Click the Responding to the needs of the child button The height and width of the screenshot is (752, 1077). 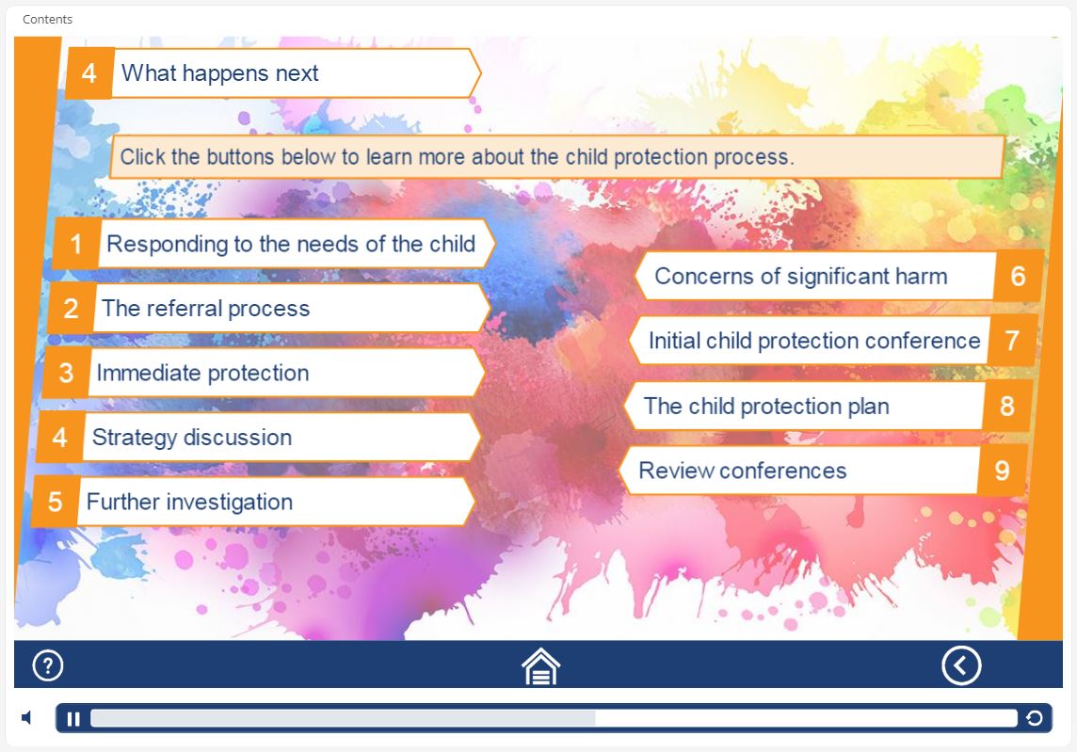point(275,244)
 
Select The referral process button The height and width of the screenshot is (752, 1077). point(269,309)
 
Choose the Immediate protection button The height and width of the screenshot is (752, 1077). point(264,373)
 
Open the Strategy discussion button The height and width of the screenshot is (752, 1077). point(258,438)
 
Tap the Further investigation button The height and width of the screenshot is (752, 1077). point(253,502)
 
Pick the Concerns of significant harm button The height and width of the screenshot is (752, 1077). point(840,276)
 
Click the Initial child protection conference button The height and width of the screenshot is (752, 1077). point(834,341)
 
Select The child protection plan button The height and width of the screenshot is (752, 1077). point(828,406)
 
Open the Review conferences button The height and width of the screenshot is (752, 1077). point(823,471)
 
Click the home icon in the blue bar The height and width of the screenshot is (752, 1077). point(540,666)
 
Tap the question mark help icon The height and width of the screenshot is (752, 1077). point(48,665)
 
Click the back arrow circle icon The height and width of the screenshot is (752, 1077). point(961,665)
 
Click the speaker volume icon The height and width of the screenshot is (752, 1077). point(26,718)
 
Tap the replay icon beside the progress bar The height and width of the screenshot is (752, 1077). point(1034,718)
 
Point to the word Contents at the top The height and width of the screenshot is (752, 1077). point(47,19)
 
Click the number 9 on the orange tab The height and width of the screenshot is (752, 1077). point(1002,471)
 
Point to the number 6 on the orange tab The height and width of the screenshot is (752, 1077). point(1018,276)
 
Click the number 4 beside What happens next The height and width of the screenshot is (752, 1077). point(88,73)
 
